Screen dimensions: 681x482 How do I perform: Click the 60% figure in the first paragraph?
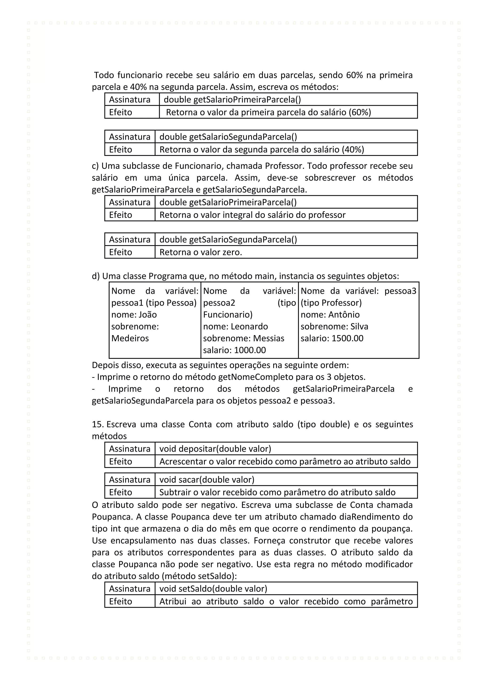(x=354, y=75)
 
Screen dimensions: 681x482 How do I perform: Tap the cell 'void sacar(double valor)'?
(x=207, y=480)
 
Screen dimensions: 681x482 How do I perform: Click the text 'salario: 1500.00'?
(x=332, y=338)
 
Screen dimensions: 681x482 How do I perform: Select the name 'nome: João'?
(x=134, y=314)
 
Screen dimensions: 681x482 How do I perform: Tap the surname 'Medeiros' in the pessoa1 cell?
(x=130, y=338)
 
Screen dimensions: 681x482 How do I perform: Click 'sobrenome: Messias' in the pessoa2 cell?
(x=243, y=338)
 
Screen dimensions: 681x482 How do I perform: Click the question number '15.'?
(x=97, y=424)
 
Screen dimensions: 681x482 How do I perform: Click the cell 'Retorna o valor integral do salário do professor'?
(x=252, y=215)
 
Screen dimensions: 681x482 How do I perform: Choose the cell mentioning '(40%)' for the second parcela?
(x=261, y=150)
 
